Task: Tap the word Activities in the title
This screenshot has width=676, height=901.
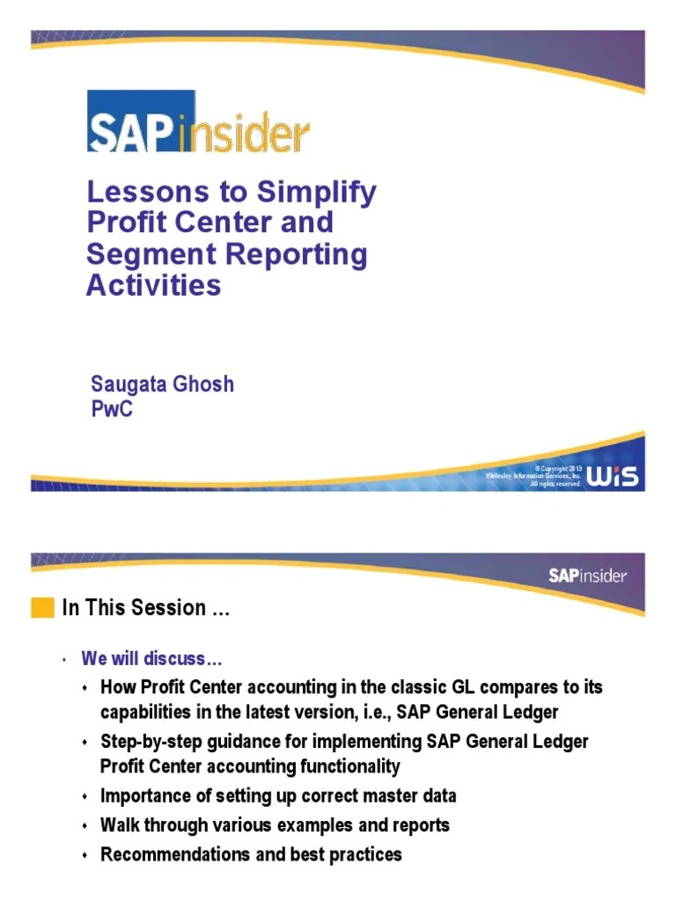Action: [x=153, y=285]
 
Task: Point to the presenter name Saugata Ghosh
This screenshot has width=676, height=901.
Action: [x=162, y=385]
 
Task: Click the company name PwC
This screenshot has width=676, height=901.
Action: [x=112, y=409]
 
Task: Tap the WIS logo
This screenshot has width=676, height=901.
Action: [x=613, y=476]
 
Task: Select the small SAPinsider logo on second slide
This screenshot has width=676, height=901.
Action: [x=587, y=576]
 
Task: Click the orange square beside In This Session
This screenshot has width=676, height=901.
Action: [x=42, y=608]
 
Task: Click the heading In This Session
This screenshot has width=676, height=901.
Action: [x=146, y=608]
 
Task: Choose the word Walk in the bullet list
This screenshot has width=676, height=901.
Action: [x=118, y=825]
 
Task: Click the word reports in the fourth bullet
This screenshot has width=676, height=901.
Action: [x=419, y=825]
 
